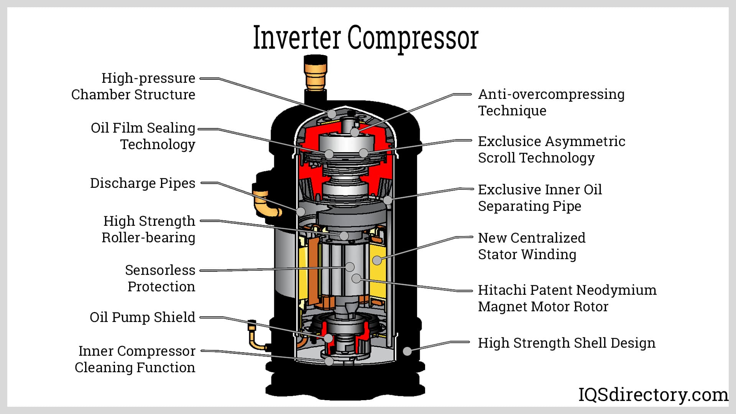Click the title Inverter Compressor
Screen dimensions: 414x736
(366, 38)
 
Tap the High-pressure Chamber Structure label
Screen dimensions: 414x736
(133, 86)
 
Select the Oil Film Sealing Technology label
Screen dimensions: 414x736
(143, 136)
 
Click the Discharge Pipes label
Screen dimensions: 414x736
(143, 183)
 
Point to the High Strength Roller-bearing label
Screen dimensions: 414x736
(149, 229)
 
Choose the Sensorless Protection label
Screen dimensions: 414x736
(160, 278)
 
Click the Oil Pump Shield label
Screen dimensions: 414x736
(143, 317)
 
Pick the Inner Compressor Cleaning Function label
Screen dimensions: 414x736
(135, 359)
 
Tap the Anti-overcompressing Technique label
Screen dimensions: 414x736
(551, 102)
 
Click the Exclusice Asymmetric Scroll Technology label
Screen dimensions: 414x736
(551, 149)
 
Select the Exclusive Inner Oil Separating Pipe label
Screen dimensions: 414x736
(540, 198)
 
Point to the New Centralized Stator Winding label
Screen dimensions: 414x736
(532, 246)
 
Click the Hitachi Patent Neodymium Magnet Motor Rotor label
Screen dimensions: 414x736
(567, 298)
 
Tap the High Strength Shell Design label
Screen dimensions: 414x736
(567, 343)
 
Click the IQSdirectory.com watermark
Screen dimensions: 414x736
(653, 395)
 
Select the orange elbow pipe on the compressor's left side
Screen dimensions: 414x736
(264, 203)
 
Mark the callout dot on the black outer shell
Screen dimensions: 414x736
(407, 351)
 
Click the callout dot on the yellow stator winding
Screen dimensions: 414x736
(377, 260)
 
